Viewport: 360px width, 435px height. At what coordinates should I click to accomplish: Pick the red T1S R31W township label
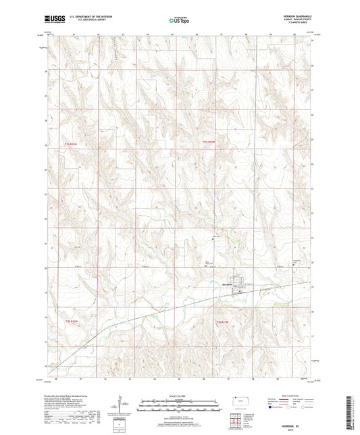click(209, 142)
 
